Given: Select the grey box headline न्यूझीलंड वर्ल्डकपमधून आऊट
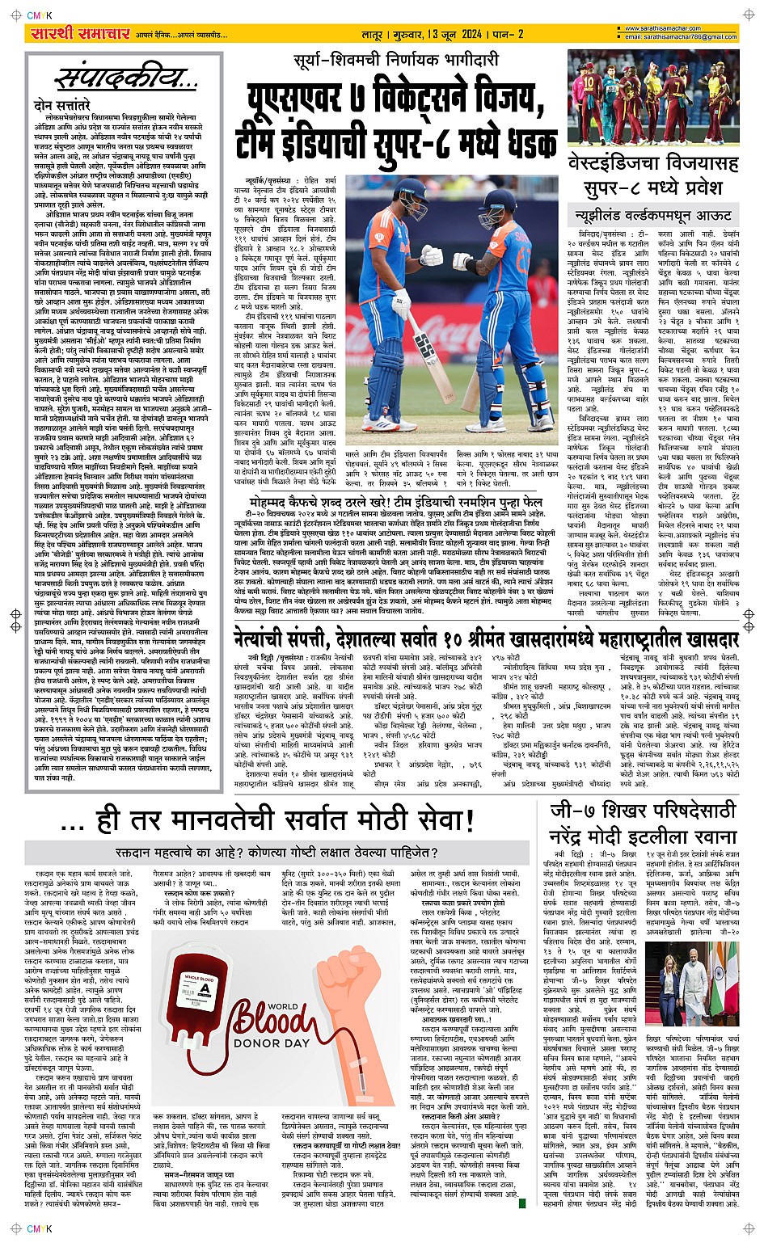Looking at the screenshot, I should click(x=652, y=215).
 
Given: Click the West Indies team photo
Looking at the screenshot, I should click(x=652, y=99).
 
